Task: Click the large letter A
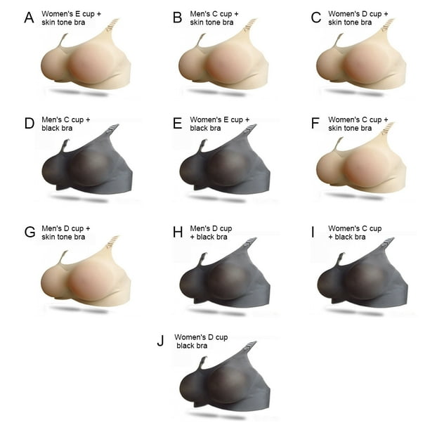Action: (29, 18)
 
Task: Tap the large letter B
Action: (178, 18)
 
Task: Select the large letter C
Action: (316, 18)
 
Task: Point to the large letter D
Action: (30, 124)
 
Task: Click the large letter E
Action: (178, 124)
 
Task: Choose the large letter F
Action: (315, 124)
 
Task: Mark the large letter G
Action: (30, 232)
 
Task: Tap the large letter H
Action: (178, 232)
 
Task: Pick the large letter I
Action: (313, 232)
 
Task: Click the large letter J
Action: (160, 341)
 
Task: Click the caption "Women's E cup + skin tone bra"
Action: (71, 18)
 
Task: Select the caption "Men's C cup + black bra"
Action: (66, 124)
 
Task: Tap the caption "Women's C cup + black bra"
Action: (355, 233)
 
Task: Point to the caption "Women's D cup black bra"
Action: (201, 341)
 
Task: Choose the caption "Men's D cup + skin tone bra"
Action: (66, 233)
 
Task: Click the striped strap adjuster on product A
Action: (113, 23)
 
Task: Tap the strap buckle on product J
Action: (251, 346)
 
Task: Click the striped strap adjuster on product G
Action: (113, 240)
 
